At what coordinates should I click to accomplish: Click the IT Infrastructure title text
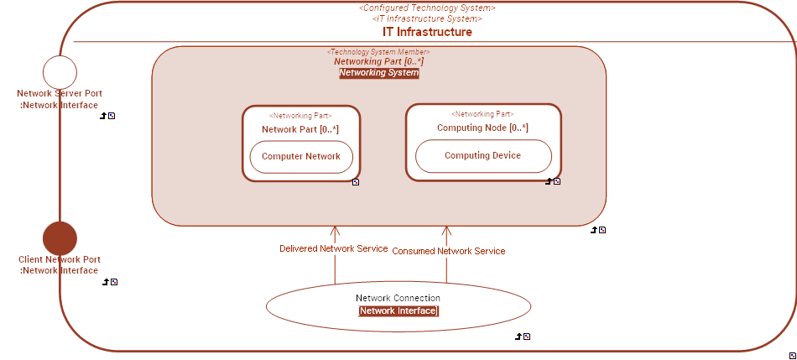click(427, 32)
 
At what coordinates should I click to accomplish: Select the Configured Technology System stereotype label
click(427, 8)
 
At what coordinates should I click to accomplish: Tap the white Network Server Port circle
click(60, 72)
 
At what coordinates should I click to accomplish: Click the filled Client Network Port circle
click(60, 238)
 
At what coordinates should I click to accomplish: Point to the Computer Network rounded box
click(301, 157)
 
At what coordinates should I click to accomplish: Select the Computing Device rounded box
click(482, 156)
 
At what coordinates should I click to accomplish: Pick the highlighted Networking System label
click(378, 73)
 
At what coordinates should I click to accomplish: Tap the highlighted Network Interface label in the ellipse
click(398, 311)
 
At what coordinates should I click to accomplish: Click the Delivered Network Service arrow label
click(334, 249)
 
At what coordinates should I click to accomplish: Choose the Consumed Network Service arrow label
click(449, 251)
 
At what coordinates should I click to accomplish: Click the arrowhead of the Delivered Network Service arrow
click(335, 230)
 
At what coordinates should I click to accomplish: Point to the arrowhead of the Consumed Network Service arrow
click(446, 230)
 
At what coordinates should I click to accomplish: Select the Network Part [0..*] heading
click(300, 129)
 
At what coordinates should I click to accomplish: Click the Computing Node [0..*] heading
click(482, 128)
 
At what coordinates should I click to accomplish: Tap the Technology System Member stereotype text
click(378, 52)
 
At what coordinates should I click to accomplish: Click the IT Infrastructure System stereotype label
click(427, 18)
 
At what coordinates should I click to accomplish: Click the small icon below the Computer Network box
click(356, 182)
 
